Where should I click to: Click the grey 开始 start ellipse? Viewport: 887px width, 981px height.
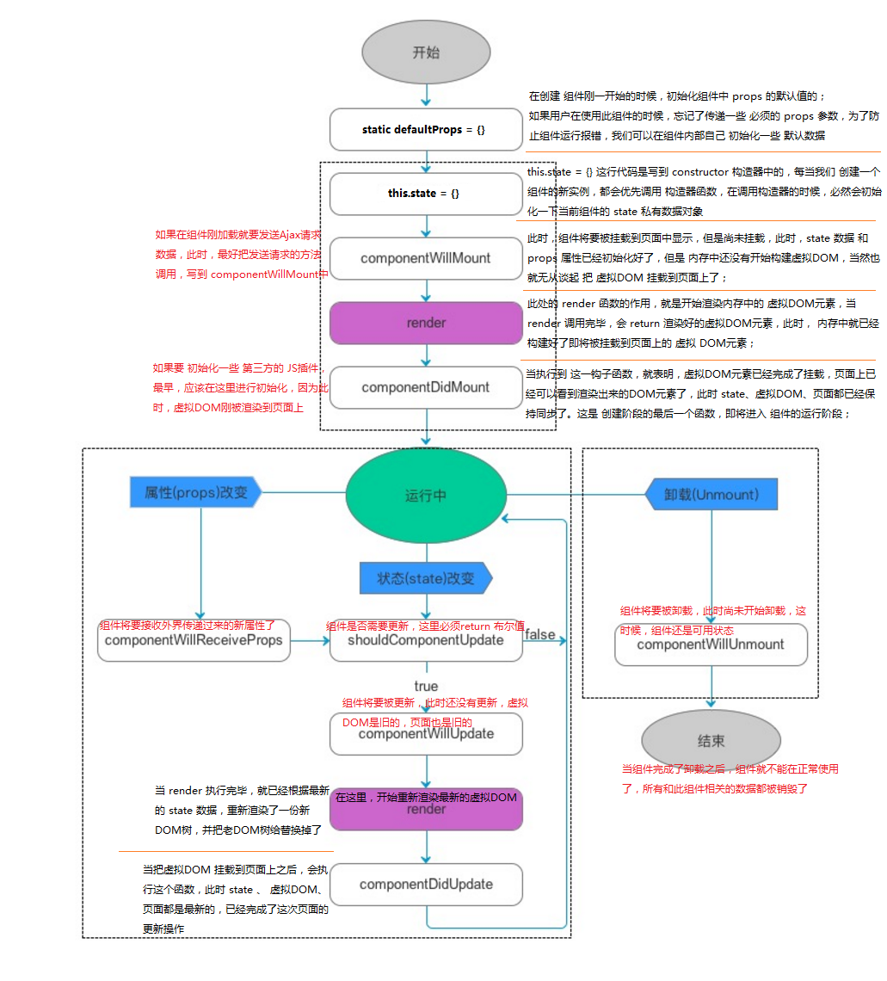[x=426, y=52]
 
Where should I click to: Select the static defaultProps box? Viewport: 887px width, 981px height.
[x=426, y=130]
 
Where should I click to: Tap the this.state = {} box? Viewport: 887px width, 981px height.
[x=426, y=194]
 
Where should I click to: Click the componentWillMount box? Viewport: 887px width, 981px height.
[x=426, y=258]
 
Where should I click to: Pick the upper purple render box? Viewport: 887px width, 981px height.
[x=426, y=323]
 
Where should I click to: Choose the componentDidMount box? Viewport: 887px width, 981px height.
[x=426, y=387]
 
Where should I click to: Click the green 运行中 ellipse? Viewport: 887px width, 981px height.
[x=426, y=496]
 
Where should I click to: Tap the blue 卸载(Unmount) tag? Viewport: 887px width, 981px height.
[x=711, y=494]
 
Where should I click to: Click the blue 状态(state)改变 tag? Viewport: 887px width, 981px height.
[x=426, y=578]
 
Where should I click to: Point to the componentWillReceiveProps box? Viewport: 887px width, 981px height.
[x=194, y=641]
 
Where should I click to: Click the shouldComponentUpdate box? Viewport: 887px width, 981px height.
[x=426, y=641]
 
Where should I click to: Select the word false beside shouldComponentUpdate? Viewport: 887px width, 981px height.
[x=540, y=635]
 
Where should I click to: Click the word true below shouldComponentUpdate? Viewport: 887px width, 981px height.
[x=426, y=686]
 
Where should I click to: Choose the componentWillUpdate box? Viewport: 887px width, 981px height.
[x=426, y=734]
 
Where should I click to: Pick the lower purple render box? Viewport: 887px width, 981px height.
[x=426, y=809]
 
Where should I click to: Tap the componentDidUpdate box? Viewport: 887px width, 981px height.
[x=426, y=885]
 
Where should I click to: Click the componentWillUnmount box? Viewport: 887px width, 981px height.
[x=711, y=645]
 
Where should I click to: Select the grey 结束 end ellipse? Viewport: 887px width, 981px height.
[x=711, y=741]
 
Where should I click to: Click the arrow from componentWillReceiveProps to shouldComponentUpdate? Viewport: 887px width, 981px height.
[x=310, y=641]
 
